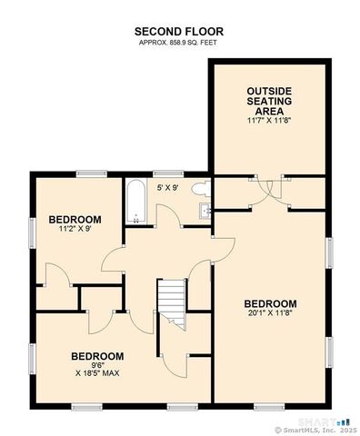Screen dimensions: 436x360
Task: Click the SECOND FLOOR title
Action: [x=179, y=32]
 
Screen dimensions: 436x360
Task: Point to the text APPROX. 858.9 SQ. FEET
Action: [x=179, y=43]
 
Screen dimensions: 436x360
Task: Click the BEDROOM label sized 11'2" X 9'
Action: [x=75, y=220]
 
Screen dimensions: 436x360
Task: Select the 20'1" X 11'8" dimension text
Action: [x=270, y=314]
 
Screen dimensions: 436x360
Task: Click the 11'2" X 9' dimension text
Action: [x=75, y=230]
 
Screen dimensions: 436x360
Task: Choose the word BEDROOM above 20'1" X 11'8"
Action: [x=270, y=303]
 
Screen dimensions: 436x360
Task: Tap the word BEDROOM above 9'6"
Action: [x=97, y=355]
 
